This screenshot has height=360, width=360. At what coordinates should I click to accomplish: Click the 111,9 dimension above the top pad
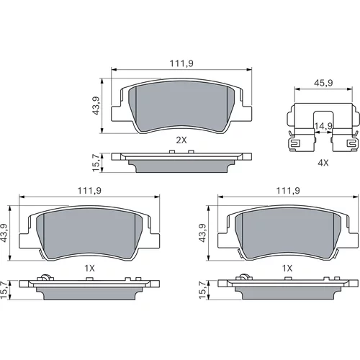point(181,63)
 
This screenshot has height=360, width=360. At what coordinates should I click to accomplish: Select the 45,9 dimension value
point(323,83)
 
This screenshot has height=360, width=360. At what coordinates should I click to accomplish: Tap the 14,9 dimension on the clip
point(323,126)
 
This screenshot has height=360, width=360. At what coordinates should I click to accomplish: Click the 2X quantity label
point(181,140)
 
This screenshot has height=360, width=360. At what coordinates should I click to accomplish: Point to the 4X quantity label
point(323,163)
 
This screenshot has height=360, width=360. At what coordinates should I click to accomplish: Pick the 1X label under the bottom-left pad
point(89,268)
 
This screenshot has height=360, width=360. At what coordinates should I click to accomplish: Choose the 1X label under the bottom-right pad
point(287,268)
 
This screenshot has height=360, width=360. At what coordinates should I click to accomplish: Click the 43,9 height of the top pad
point(96,106)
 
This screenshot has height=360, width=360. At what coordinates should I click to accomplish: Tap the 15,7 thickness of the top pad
point(96,163)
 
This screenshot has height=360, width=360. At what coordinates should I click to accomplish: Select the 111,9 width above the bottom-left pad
point(89,191)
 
